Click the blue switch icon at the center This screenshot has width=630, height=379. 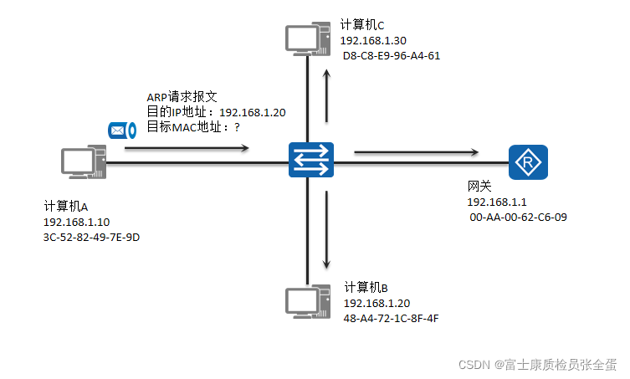310,160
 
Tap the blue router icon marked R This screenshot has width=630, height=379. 528,161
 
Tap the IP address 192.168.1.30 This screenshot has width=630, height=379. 373,41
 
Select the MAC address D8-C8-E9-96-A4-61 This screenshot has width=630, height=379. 392,56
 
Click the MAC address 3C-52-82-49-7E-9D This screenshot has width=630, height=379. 91,237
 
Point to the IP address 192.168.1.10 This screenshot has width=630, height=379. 76,222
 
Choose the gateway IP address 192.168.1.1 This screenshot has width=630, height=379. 497,202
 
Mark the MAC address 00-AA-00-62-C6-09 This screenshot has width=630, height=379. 520,218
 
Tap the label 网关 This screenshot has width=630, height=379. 479,187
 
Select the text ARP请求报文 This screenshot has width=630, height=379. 182,97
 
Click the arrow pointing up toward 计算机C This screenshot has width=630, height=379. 327,86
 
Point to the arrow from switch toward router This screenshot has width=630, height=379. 416,152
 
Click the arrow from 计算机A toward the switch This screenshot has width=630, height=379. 187,149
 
